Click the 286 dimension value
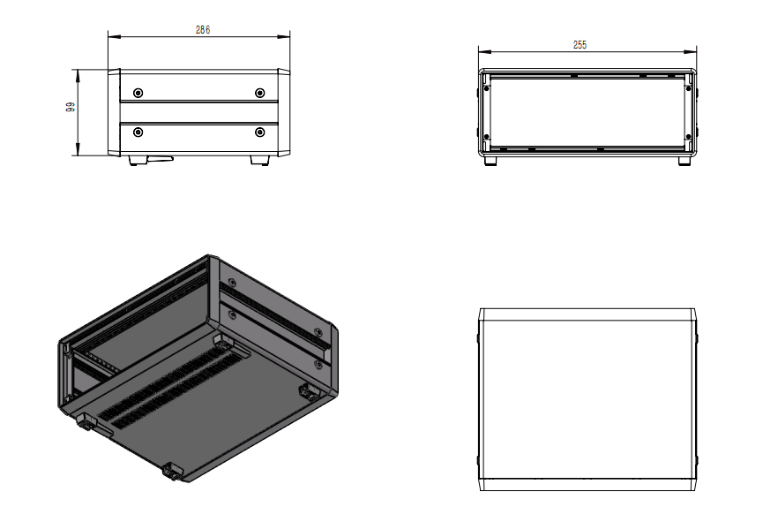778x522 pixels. [x=203, y=30]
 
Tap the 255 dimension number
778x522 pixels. [x=580, y=45]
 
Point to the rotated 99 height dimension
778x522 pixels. [x=71, y=107]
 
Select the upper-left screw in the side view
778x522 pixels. [x=138, y=93]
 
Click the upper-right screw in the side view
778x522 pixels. [x=259, y=93]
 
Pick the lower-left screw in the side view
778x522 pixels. [x=138, y=132]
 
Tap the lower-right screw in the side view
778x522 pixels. [x=259, y=132]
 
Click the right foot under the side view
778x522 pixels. [x=259, y=161]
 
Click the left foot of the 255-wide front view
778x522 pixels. [x=490, y=161]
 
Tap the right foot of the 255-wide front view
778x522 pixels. [x=684, y=161]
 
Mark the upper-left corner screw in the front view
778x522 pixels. [x=486, y=88]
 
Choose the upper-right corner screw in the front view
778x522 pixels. [x=688, y=88]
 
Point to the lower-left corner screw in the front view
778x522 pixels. [x=486, y=137]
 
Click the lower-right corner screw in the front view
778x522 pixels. [x=688, y=137]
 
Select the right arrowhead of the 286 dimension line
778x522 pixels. [x=284, y=36]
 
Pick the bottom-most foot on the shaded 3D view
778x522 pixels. [x=173, y=471]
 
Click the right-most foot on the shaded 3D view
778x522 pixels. [x=309, y=392]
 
